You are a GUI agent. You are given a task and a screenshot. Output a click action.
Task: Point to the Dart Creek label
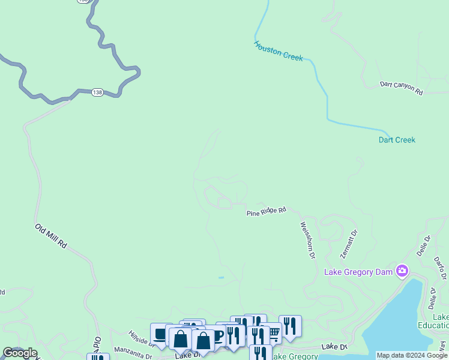[x=397, y=140]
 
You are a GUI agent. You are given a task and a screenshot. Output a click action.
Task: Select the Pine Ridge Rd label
[x=266, y=212]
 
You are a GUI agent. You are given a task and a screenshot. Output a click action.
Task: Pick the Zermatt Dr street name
[x=349, y=244]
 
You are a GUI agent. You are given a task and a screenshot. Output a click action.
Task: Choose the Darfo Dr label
[x=440, y=268]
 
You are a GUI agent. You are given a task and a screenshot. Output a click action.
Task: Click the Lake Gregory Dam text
[x=358, y=272]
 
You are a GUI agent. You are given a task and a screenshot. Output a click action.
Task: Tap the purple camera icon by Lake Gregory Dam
[x=402, y=271]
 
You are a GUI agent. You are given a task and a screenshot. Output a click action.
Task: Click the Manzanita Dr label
[x=133, y=352]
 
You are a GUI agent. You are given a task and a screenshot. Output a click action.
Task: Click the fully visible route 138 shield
[x=97, y=92]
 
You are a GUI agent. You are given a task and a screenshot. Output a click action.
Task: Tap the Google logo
[x=20, y=353]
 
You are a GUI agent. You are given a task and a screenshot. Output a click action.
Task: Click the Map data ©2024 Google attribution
[x=412, y=355]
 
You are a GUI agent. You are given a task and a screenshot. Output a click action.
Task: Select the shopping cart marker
[x=274, y=332]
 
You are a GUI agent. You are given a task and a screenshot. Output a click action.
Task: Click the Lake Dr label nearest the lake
[x=334, y=347]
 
